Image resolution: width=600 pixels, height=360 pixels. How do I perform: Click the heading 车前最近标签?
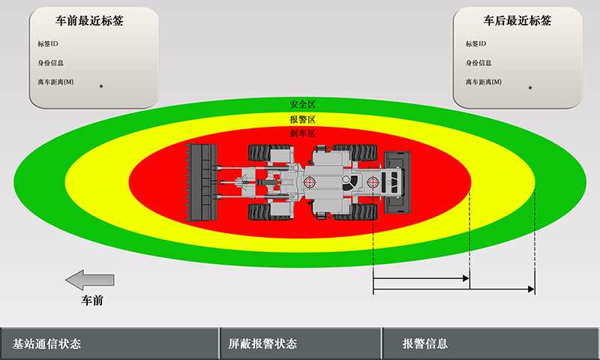89,21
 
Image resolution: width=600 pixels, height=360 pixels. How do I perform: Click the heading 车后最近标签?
517,21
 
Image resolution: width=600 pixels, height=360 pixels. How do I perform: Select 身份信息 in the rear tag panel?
478,63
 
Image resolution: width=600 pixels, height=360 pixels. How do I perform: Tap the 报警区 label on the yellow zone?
302,119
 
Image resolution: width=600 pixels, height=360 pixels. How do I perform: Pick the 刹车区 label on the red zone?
302,133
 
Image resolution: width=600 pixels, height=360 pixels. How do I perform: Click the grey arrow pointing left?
89,280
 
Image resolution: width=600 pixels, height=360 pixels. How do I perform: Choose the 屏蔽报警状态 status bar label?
262,344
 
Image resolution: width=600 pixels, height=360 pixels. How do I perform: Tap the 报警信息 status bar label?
425,344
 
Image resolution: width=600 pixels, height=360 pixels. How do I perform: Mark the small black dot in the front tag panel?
101,87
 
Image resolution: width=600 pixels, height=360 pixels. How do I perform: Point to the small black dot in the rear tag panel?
530,88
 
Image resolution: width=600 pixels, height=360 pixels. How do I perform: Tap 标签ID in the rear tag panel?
475,43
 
